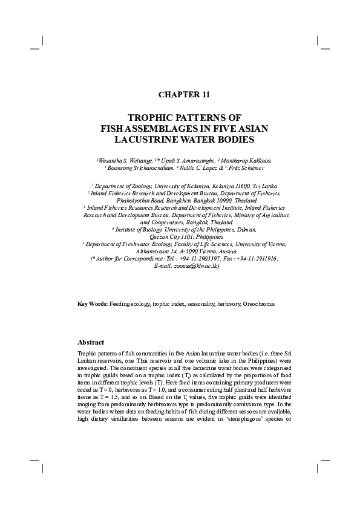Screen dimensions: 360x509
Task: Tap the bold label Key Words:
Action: [x=93, y=303]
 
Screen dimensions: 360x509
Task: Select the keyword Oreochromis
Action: [x=258, y=303]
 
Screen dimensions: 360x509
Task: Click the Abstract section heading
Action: [x=91, y=342]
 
